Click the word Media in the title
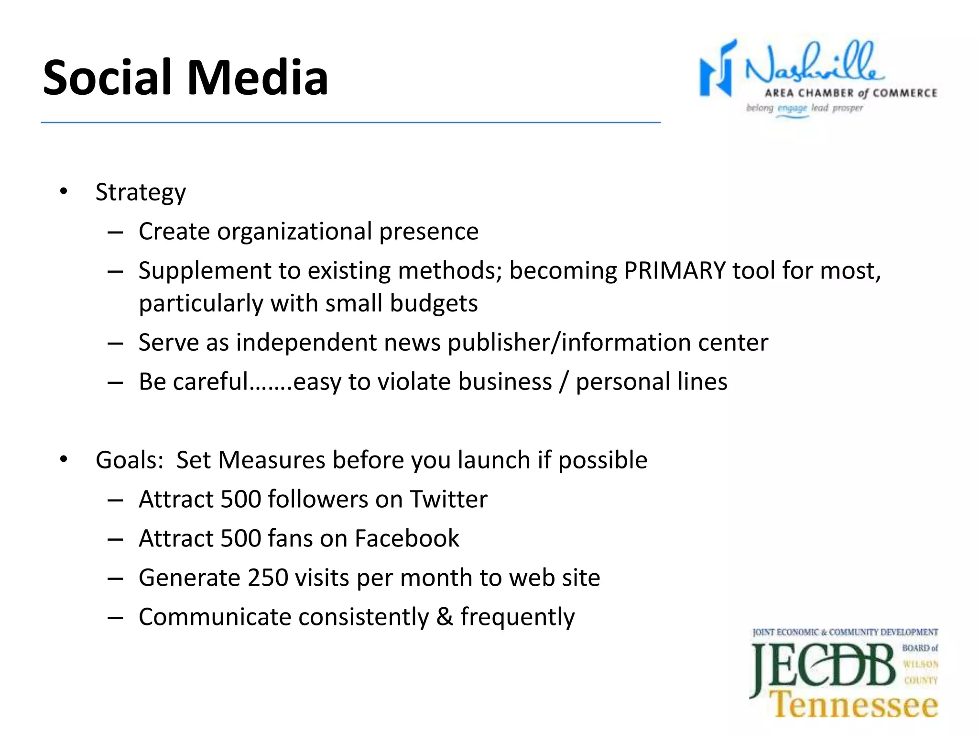pos(258,78)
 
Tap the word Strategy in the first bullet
pos(141,193)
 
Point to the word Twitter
pos(448,500)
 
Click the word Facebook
pos(407,539)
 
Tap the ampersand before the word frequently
pos(445,617)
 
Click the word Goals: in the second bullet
pos(130,460)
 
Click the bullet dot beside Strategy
pos(64,192)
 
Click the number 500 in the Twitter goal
pos(240,500)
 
